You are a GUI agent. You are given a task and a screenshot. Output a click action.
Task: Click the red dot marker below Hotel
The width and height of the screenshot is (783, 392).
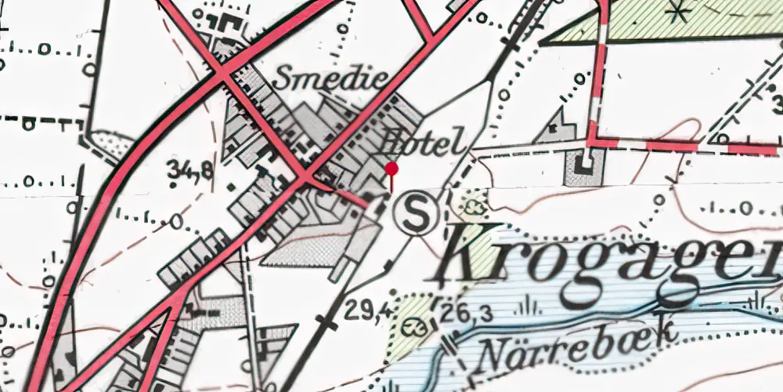(x=391, y=169)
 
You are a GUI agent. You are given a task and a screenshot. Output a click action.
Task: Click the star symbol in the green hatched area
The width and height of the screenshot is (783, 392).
(x=678, y=13)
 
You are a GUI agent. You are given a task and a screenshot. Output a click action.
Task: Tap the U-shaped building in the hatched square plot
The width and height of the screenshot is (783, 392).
(x=584, y=165)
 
